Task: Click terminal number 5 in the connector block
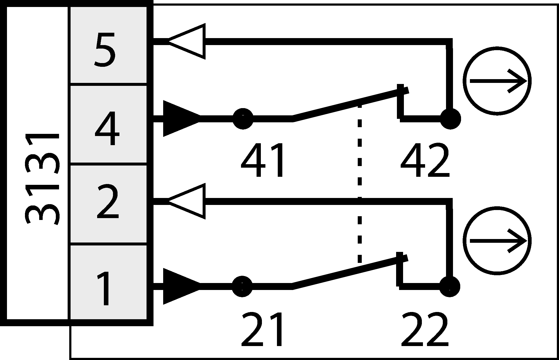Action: pos(105,50)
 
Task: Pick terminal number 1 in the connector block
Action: pos(104,288)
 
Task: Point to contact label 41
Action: pos(262,160)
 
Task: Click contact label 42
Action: pos(425,160)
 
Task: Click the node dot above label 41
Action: pos(243,119)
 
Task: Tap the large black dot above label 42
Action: pos(451,119)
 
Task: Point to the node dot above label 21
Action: pos(242,286)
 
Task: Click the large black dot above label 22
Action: pos(450,286)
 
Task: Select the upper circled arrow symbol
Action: pos(497,81)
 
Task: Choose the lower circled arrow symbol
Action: pos(497,241)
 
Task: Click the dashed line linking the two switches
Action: pos(360,182)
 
